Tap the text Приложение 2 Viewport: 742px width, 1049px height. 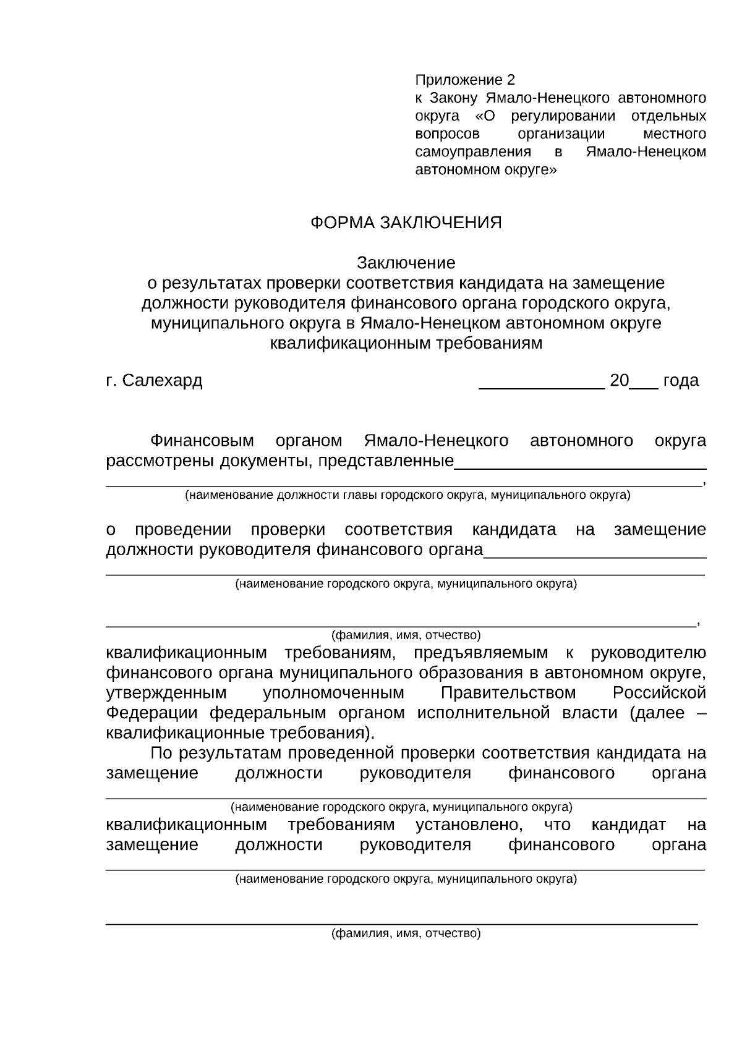click(464, 80)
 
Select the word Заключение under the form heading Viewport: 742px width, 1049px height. click(406, 263)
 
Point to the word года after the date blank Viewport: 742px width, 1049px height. click(681, 381)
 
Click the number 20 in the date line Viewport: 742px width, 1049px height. click(619, 381)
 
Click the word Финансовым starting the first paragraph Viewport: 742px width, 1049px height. click(202, 441)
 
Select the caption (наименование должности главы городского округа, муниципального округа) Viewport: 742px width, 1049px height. click(408, 495)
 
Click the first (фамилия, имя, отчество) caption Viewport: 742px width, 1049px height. click(406, 635)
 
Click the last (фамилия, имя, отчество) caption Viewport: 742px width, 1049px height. click(406, 934)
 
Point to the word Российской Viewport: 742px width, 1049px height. click(659, 693)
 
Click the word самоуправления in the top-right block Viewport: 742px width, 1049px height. click(473, 152)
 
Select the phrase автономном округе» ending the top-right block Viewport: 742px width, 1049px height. click(485, 170)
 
